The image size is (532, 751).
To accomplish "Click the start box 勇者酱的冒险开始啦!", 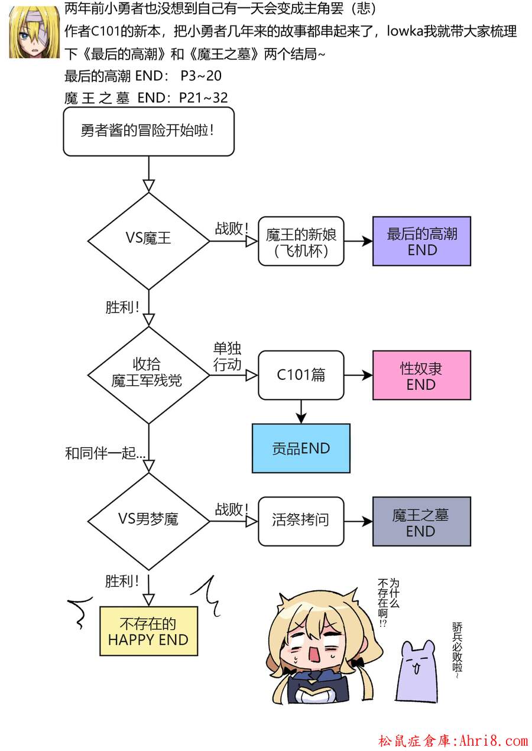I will coord(148,131).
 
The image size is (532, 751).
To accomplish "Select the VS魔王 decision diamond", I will coord(148,240).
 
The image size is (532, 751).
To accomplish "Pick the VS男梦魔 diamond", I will coord(148,521).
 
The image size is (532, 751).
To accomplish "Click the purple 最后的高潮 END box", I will coord(421,241).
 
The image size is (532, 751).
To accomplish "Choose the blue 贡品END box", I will coord(301,448).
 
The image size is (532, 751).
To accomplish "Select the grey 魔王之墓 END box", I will coord(421,521).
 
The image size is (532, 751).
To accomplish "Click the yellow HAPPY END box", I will coord(148,631).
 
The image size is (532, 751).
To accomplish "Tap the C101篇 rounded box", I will coord(301,375).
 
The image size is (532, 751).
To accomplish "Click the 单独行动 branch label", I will coord(227,356).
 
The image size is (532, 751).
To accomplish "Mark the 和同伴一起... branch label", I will coord(105,454).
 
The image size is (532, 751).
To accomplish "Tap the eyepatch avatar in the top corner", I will coord(33,32).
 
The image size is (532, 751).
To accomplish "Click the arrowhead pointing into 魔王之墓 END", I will coord(367,521).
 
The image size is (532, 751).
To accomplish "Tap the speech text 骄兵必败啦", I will coord(457,649).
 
